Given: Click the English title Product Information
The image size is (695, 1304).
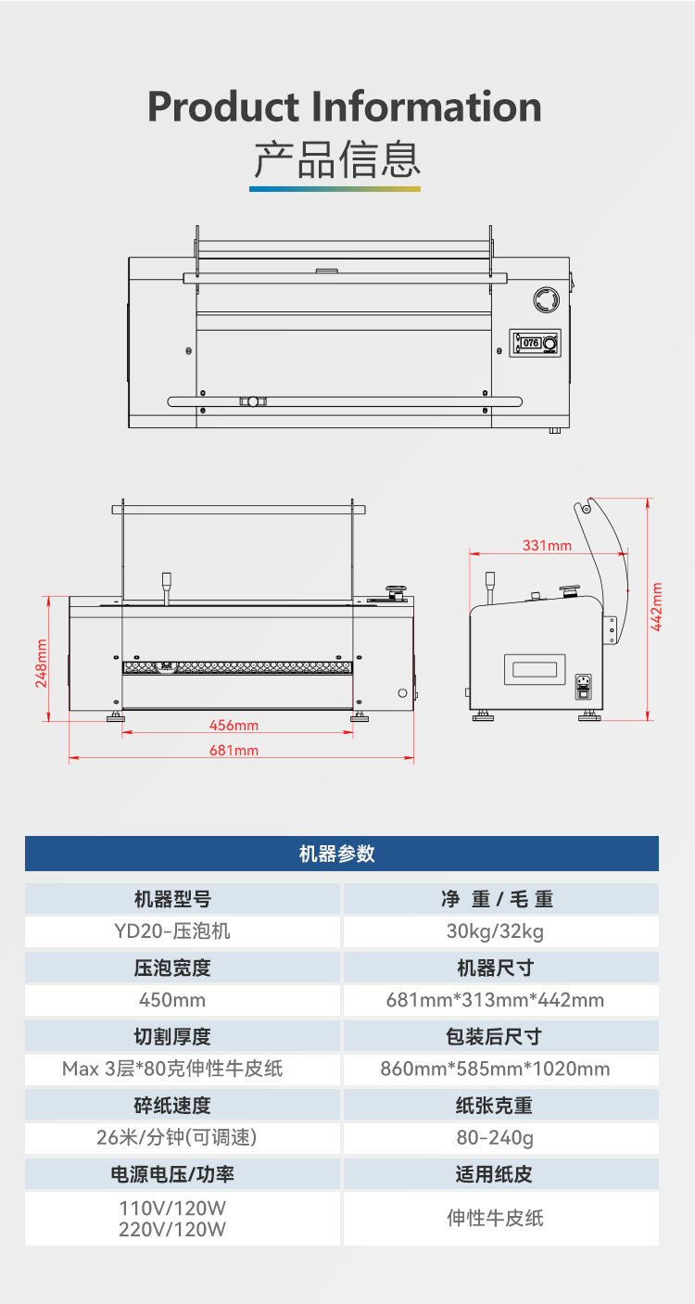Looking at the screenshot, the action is [x=345, y=108].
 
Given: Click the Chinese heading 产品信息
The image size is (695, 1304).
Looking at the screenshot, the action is [x=337, y=158].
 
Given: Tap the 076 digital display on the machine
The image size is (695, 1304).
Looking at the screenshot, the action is [x=530, y=343].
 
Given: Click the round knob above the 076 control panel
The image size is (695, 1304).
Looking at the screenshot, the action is [x=547, y=299].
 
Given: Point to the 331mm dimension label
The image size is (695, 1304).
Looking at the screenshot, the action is [x=547, y=546].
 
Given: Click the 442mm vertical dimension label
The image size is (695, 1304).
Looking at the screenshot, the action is [x=656, y=607].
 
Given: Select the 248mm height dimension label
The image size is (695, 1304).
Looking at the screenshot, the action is [x=41, y=663].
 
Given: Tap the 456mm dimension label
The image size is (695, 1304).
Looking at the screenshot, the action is [x=234, y=726].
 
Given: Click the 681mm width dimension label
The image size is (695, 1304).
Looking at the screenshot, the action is [x=234, y=751].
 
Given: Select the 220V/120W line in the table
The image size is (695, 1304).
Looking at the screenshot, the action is [x=172, y=1230].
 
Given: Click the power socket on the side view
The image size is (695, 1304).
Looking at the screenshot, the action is [x=583, y=686].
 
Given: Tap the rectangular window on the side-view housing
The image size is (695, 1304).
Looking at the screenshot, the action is [x=535, y=669].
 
